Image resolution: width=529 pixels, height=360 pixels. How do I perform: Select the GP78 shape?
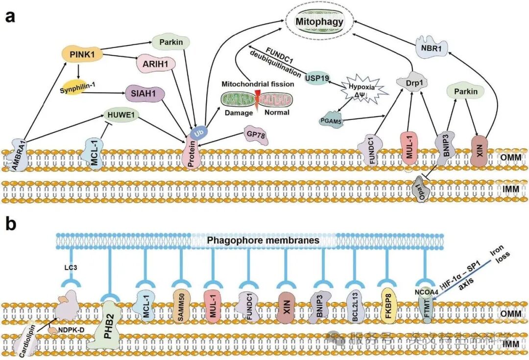tap(256, 136)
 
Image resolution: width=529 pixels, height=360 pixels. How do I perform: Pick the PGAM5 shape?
tap(329, 119)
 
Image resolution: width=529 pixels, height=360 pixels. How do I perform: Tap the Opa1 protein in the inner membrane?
tap(420, 192)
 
